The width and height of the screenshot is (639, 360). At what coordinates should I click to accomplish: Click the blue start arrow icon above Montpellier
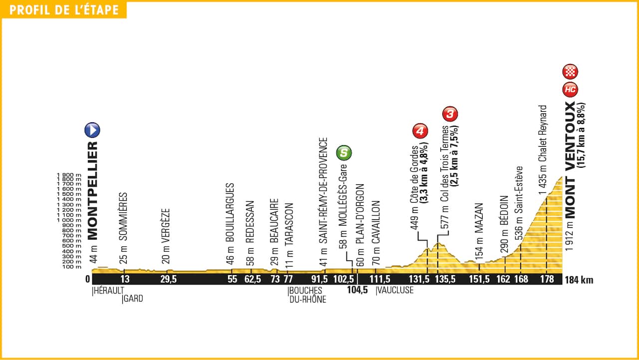tap(92, 130)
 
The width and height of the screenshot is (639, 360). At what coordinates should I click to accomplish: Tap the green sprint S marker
tap(344, 153)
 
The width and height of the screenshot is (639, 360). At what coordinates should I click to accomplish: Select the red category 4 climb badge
tap(420, 131)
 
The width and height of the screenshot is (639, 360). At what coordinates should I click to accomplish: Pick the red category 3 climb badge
tap(450, 114)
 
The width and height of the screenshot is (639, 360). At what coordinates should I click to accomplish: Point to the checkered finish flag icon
tap(570, 72)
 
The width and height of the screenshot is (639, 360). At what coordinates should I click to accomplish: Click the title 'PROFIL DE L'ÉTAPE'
tap(64, 10)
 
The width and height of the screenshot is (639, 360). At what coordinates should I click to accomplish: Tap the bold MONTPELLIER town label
tap(92, 190)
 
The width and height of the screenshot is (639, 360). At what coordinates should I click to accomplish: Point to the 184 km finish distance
tap(580, 280)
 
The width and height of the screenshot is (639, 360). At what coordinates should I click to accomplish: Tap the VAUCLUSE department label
tap(395, 290)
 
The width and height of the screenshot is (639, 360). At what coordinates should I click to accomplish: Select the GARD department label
tap(132, 299)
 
